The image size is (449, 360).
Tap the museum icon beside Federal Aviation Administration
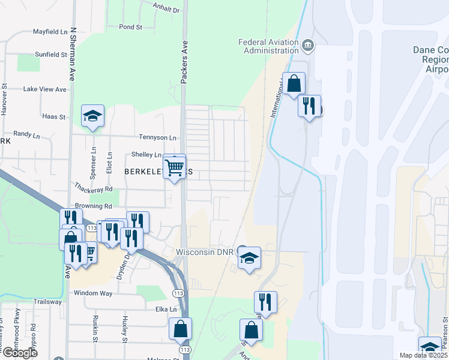[x=307, y=45]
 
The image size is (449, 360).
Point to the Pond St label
[x=130, y=27]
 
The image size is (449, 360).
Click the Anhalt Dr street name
[x=167, y=10]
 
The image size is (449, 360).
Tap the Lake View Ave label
[x=44, y=89]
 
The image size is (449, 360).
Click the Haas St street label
[x=53, y=116]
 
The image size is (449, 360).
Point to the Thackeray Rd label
[x=92, y=188]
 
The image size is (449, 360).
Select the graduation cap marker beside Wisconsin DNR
[x=250, y=258]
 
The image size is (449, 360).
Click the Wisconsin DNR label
[x=205, y=251]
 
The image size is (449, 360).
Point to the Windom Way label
[x=93, y=293]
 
